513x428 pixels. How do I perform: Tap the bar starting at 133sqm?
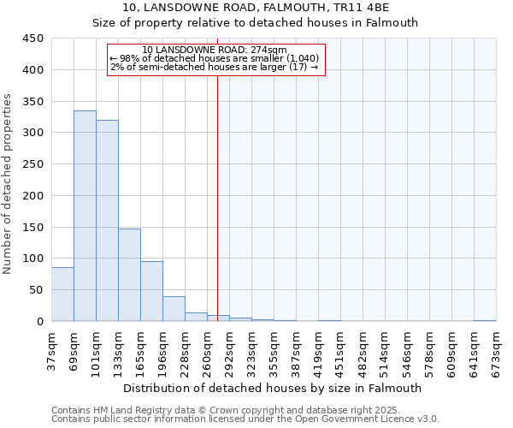(129, 275)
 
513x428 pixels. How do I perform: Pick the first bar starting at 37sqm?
(62, 294)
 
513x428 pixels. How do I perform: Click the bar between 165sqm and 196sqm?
(151, 291)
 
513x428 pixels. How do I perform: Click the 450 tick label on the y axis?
(33, 39)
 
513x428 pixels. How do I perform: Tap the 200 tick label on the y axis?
(33, 196)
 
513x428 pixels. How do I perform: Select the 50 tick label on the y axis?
(37, 290)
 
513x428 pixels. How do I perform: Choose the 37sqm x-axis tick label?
(52, 348)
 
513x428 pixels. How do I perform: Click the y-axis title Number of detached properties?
(9, 184)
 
